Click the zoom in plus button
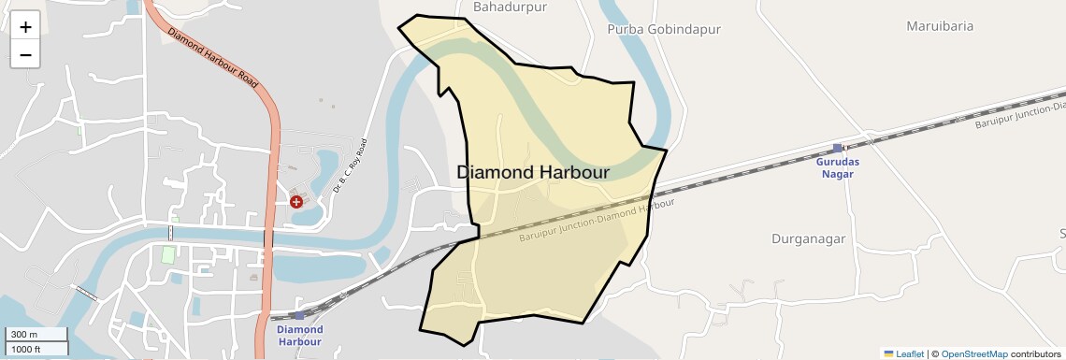click(x=25, y=27)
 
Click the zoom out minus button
click(x=25, y=55)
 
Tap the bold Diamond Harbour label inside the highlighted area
click(x=533, y=173)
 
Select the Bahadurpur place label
click(x=510, y=7)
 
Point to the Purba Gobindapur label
click(x=664, y=29)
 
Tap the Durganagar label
click(x=808, y=238)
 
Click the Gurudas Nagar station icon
click(x=838, y=148)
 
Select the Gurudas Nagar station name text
click(x=838, y=167)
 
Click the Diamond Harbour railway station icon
click(x=298, y=315)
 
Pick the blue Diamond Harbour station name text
click(x=300, y=335)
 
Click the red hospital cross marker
click(x=296, y=201)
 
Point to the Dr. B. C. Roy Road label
click(x=351, y=166)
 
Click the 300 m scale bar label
click(x=25, y=335)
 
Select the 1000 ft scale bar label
click(x=27, y=349)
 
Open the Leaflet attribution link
click(x=903, y=353)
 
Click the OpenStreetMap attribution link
click(x=974, y=353)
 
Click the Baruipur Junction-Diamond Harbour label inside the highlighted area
click(x=597, y=222)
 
